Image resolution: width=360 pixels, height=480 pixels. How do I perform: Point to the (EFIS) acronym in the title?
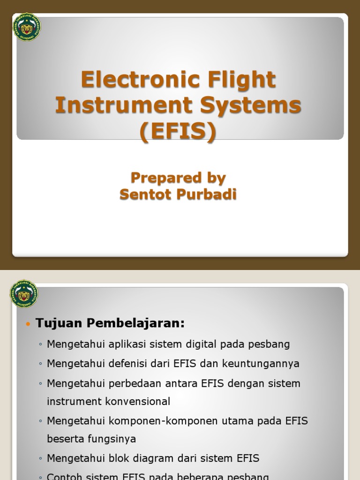click(x=179, y=131)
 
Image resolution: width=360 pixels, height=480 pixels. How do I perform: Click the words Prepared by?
click(x=178, y=178)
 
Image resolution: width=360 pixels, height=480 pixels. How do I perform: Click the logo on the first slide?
click(x=27, y=27)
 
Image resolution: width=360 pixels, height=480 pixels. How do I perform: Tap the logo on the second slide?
click(x=23, y=294)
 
